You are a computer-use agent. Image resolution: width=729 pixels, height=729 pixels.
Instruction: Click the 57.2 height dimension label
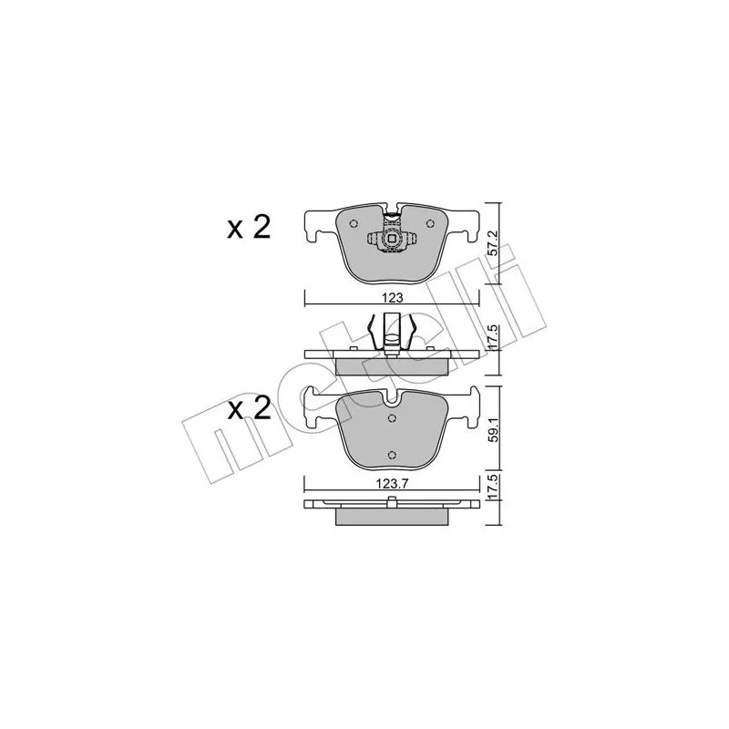[x=494, y=242]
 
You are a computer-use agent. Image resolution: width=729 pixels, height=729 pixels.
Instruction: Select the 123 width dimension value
[x=394, y=298]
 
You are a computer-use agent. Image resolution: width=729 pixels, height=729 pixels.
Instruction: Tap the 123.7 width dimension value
[x=392, y=484]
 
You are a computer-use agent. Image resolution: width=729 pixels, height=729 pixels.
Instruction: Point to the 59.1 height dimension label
[x=495, y=431]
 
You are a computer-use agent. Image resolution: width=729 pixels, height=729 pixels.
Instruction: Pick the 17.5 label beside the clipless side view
[x=494, y=488]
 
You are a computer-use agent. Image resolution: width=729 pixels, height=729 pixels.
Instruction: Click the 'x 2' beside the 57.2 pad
[x=249, y=229]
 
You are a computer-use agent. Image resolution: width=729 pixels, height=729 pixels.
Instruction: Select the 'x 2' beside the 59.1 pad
[x=249, y=409]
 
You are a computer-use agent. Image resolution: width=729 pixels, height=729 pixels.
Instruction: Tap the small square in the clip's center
[x=392, y=239]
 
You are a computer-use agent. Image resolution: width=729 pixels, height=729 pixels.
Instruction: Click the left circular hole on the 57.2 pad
[x=354, y=223]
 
